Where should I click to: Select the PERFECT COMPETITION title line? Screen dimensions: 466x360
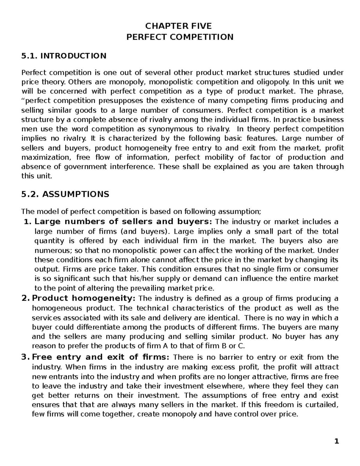pyautogui.click(x=180, y=37)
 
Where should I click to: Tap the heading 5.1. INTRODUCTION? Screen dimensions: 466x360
pyautogui.click(x=64, y=56)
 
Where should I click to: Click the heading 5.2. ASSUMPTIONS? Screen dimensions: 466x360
pyautogui.click(x=65, y=194)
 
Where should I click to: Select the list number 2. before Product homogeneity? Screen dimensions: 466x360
pyautogui.click(x=26, y=299)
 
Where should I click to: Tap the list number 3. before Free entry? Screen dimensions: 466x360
pyautogui.click(x=26, y=357)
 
